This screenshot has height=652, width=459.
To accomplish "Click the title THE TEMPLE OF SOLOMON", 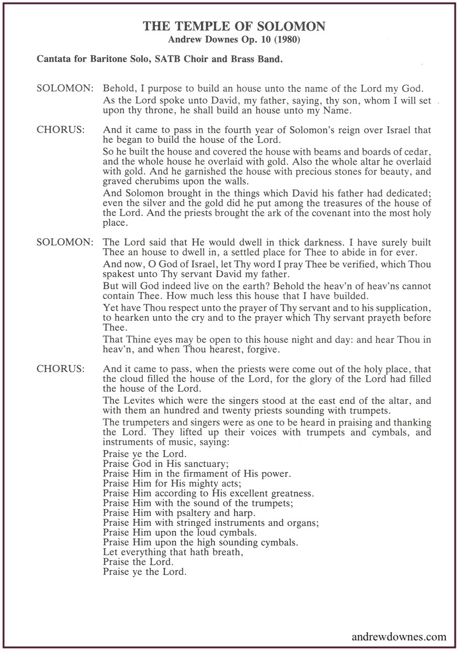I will [x=234, y=26].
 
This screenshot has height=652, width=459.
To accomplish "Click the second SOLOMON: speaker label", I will [x=65, y=242].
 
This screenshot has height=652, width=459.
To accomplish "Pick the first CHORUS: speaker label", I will [x=61, y=129].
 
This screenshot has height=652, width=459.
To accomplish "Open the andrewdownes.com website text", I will [x=399, y=637].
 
